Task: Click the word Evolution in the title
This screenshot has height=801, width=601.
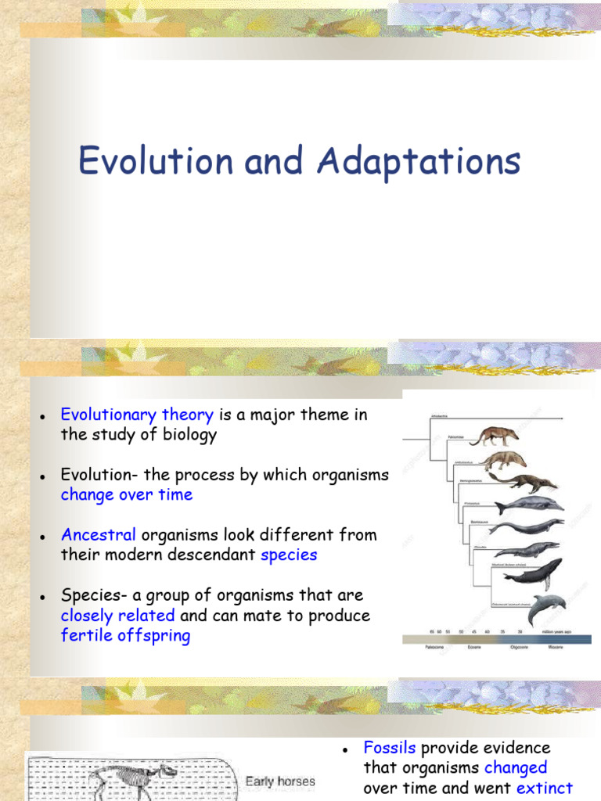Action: pyautogui.click(x=156, y=162)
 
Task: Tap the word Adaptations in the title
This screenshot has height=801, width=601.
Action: pyautogui.click(x=419, y=162)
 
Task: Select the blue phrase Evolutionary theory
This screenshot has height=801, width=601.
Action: pyautogui.click(x=137, y=415)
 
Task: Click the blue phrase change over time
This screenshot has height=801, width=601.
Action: pyautogui.click(x=126, y=494)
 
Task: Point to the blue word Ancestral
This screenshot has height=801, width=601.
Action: pyautogui.click(x=99, y=535)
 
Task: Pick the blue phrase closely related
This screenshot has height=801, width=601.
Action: pyautogui.click(x=117, y=616)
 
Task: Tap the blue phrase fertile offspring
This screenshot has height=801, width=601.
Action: pyautogui.click(x=125, y=635)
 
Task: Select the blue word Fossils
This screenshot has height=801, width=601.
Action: pyautogui.click(x=390, y=748)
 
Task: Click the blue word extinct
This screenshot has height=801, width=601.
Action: pyautogui.click(x=545, y=788)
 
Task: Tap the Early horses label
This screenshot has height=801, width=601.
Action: pyautogui.click(x=280, y=781)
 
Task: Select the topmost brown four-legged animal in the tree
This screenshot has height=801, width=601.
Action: pyautogui.click(x=494, y=436)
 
